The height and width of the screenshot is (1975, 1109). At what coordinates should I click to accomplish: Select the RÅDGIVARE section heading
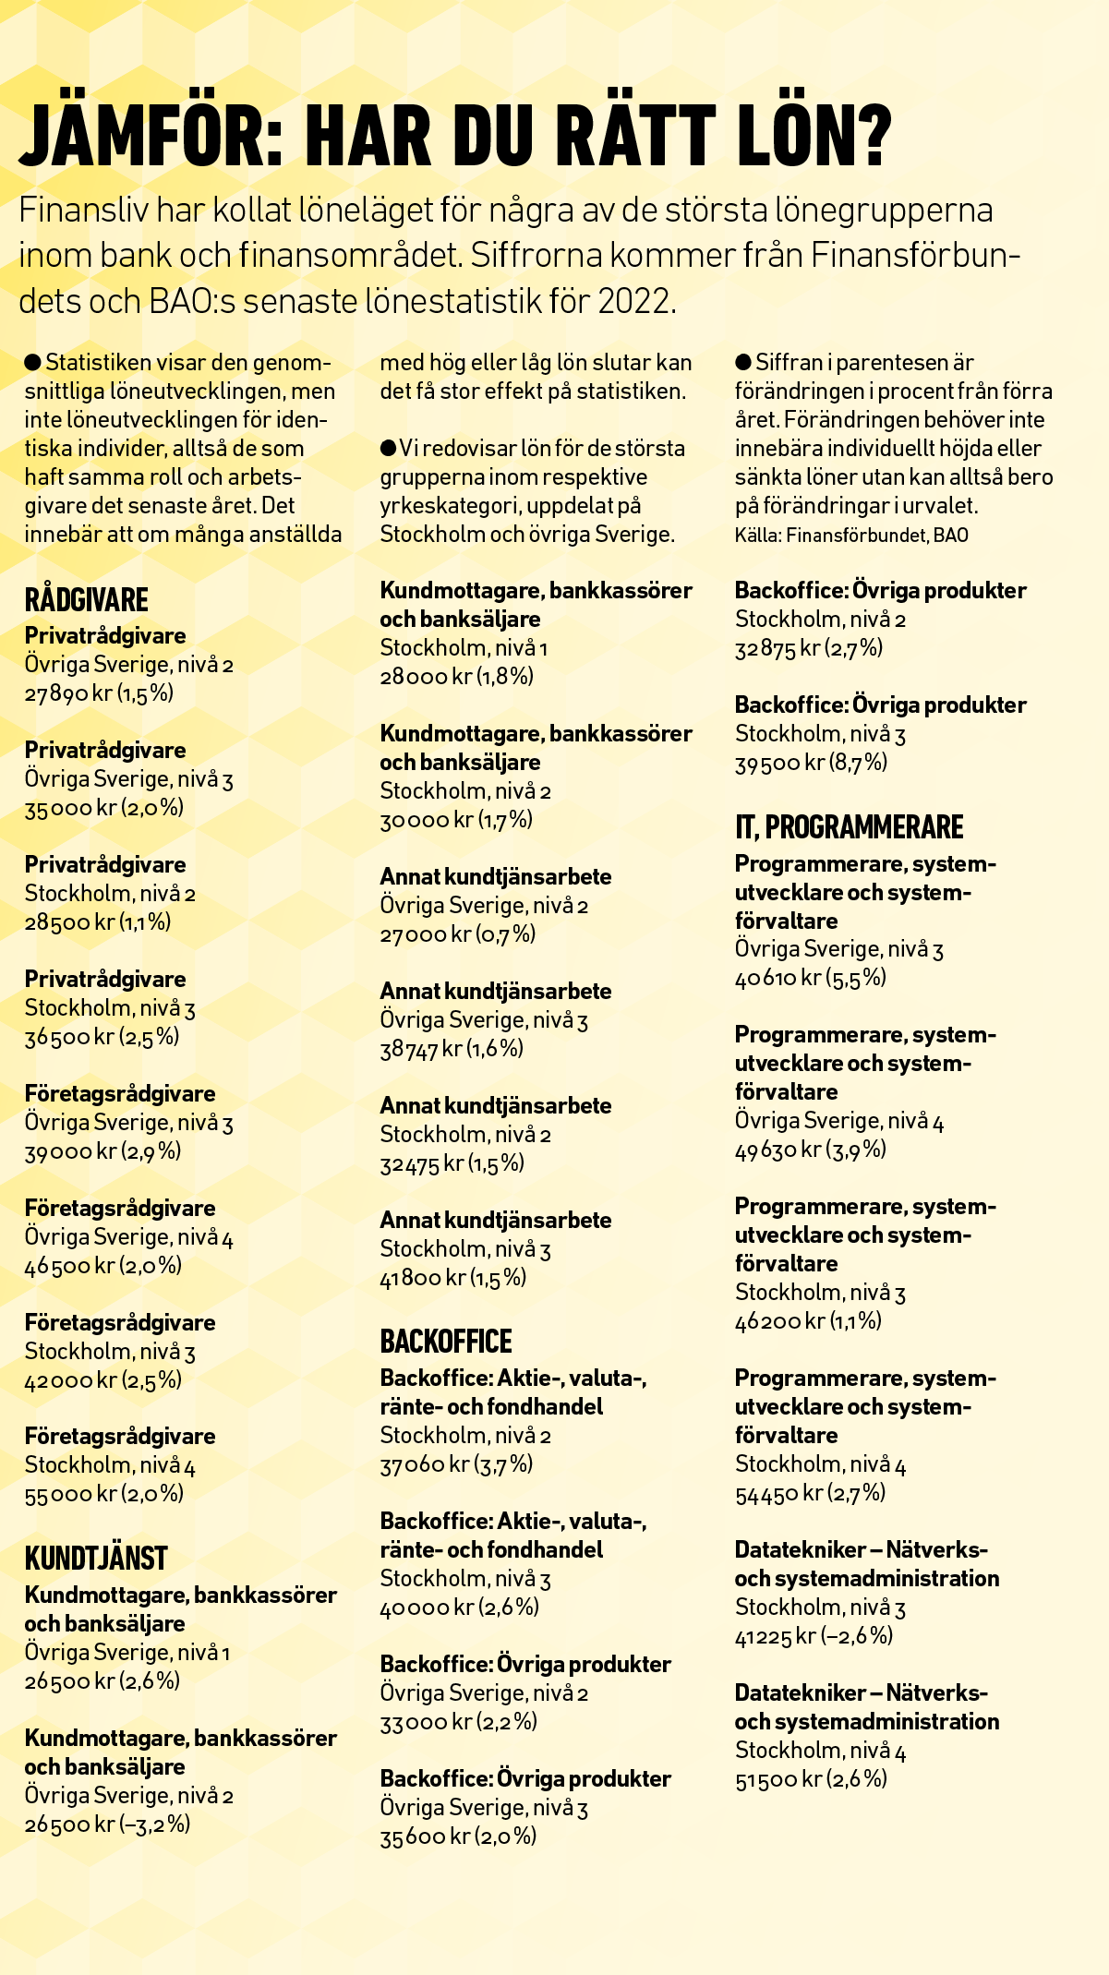pyautogui.click(x=86, y=599)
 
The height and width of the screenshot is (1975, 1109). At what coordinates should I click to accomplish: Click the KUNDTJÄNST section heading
pyautogui.click(x=96, y=1558)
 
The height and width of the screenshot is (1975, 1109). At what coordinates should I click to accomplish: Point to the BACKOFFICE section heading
pyautogui.click(x=446, y=1341)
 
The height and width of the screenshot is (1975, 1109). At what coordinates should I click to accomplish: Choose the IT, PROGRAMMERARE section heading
pyautogui.click(x=849, y=826)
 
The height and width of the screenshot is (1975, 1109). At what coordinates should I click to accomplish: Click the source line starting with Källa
pyautogui.click(x=851, y=536)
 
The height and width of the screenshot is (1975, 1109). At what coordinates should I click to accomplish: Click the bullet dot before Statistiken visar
pyautogui.click(x=33, y=362)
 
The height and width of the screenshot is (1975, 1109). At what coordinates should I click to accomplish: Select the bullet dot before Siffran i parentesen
pyautogui.click(x=743, y=362)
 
